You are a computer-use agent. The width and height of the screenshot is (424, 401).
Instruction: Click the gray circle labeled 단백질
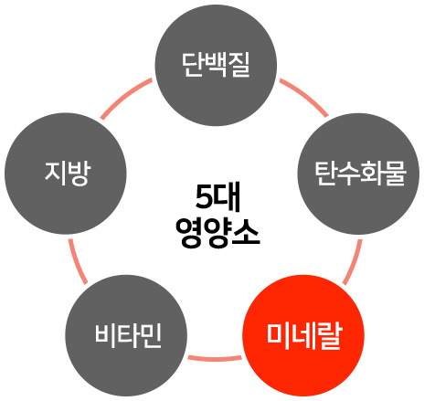tap(216, 65)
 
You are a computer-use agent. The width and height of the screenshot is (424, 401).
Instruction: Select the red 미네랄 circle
tap(303, 335)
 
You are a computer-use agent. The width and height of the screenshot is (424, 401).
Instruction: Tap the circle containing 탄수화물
tap(358, 174)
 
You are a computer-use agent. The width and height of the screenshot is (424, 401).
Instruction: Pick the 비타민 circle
tap(126, 335)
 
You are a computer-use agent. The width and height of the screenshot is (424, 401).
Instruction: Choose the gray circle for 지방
tap(66, 174)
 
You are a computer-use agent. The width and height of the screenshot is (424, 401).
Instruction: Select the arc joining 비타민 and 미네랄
tap(215, 358)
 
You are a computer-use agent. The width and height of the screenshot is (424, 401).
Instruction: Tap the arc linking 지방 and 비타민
tap(78, 262)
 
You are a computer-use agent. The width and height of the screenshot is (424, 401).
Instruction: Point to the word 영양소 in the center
tap(217, 233)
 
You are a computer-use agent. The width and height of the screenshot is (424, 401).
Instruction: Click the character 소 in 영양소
tap(247, 231)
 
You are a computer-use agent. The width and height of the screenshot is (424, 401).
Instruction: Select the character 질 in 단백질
tap(239, 65)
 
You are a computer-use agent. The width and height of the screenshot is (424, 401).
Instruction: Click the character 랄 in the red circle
tap(331, 336)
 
